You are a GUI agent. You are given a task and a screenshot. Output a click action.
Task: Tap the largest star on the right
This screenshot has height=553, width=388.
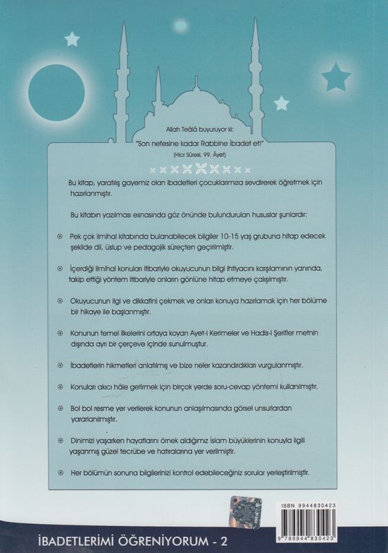coord(336,73)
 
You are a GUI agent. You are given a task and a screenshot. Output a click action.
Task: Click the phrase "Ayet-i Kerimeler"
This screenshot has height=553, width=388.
coord(224,334)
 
